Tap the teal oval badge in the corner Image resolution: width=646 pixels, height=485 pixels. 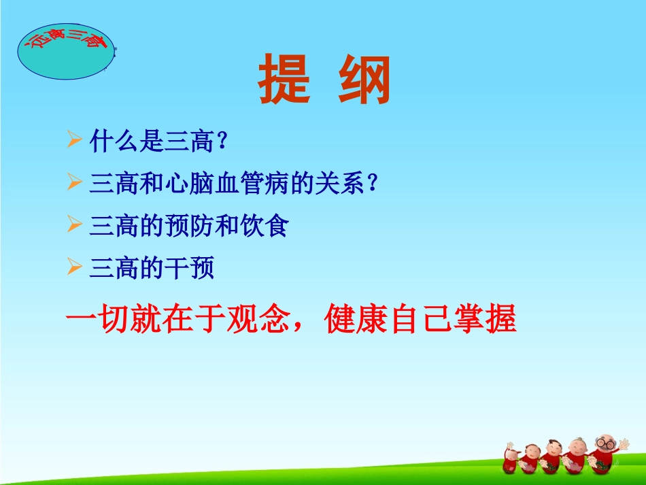point(65,51)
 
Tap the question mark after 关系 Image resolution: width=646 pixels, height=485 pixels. point(371,184)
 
